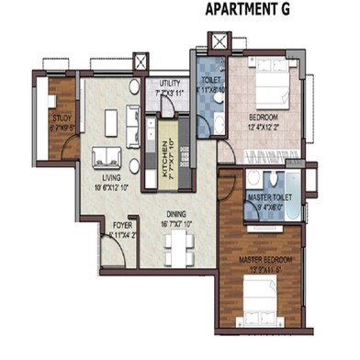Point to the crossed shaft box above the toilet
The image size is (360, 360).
(x=219, y=43)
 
